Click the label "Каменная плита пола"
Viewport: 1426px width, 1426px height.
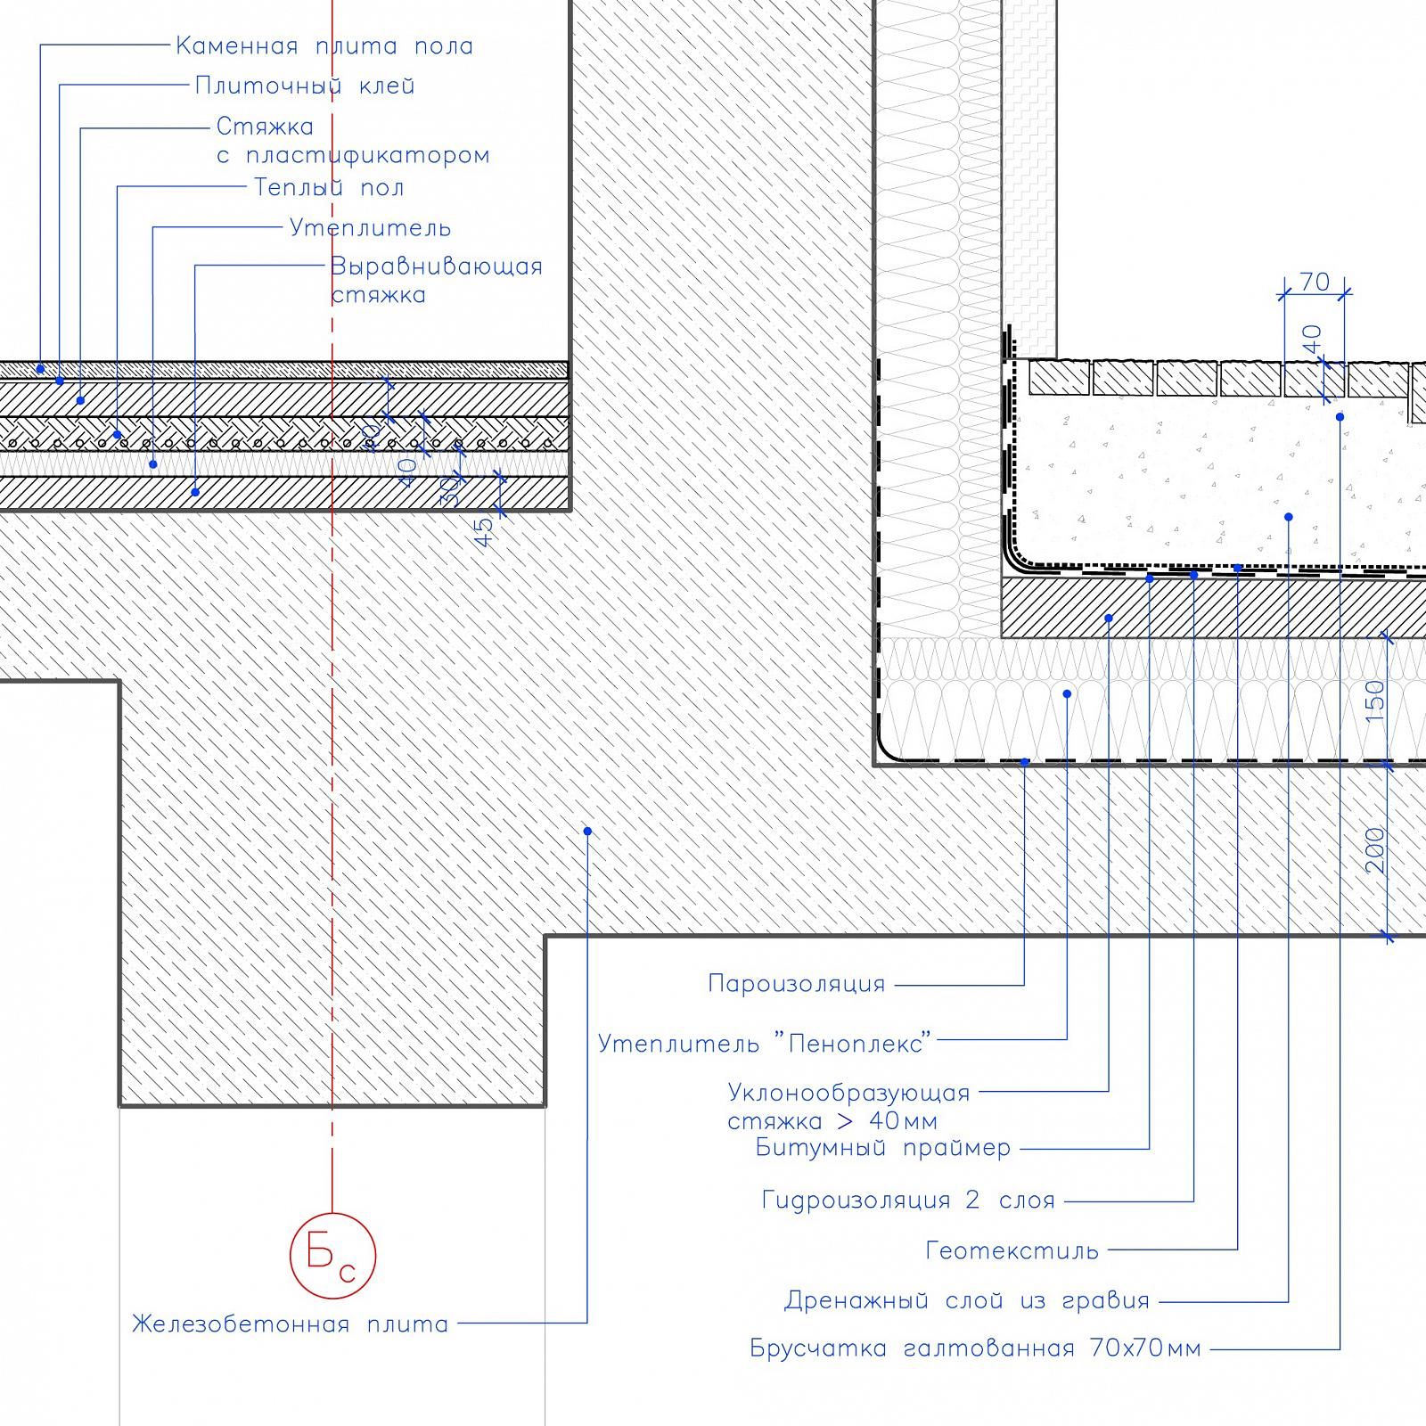point(324,46)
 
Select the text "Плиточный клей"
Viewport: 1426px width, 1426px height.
point(305,86)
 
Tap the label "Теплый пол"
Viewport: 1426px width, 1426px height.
point(329,188)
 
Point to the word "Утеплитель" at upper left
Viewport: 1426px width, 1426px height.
point(370,228)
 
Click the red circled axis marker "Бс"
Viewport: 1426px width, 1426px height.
point(332,1255)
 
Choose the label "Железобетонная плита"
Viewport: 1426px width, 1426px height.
point(291,1324)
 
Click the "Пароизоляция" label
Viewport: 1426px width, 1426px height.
point(797,984)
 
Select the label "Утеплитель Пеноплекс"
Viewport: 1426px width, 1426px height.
point(764,1043)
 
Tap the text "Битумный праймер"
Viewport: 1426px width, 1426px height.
point(883,1148)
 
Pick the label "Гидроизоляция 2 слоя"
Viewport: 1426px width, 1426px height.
point(908,1201)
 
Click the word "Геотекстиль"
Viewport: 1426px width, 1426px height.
point(1012,1251)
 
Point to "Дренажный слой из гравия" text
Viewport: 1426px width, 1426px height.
point(967,1301)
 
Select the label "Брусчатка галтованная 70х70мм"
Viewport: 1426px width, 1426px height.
point(976,1349)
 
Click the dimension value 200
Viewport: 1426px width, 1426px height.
point(1376,850)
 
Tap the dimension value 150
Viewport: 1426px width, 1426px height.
point(1376,701)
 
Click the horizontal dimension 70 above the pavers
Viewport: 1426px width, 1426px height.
point(1315,283)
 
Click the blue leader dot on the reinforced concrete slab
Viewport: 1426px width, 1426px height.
point(587,832)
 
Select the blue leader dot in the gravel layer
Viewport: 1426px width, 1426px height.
point(1289,517)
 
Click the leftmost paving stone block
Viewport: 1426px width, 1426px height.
point(1060,379)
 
